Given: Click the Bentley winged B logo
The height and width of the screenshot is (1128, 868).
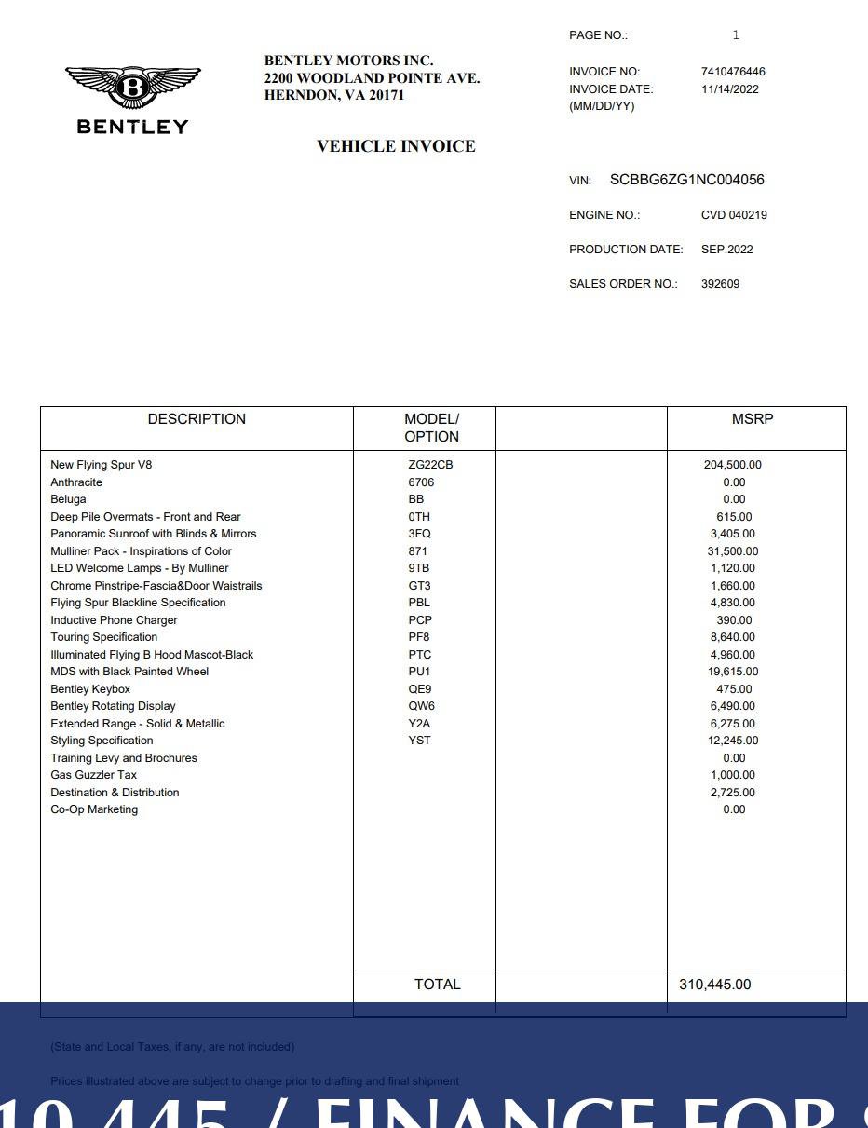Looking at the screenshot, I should click(132, 88).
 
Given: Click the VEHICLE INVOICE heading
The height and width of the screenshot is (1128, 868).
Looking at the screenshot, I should click(396, 146).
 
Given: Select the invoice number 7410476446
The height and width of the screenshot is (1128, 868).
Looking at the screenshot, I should click(733, 72).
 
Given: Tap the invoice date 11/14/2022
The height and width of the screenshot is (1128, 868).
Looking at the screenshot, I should click(729, 89).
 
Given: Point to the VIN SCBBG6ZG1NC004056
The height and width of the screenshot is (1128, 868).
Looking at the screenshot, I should click(686, 180).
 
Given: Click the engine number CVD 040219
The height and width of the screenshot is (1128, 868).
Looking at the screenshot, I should click(734, 215).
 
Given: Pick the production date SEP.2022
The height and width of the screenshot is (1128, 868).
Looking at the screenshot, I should click(726, 250).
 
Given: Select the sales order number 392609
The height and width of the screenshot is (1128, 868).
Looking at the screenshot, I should click(720, 284).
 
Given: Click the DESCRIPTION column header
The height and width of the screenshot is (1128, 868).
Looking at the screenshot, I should click(197, 419).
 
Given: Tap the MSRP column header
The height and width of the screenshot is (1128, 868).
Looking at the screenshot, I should click(753, 419).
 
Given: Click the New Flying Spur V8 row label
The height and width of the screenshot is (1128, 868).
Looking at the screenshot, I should click(101, 465).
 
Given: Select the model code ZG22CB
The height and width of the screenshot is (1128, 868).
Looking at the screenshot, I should click(429, 465).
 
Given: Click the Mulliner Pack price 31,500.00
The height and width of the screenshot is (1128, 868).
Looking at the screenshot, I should click(734, 551).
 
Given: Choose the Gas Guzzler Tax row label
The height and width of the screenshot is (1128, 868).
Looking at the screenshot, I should click(93, 775).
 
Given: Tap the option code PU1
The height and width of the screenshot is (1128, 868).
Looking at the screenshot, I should click(419, 672).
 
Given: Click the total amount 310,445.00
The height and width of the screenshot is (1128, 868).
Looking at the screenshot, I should click(714, 985).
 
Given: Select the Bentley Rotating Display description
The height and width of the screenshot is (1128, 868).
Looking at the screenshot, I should click(113, 706).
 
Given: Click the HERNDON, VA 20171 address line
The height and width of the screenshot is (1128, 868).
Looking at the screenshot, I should click(334, 95).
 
